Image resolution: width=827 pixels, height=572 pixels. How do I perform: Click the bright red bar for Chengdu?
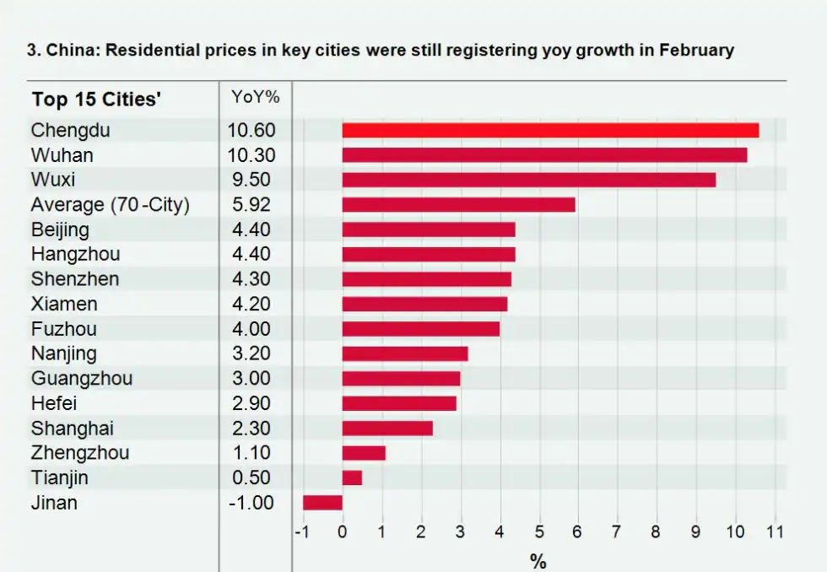point(550,130)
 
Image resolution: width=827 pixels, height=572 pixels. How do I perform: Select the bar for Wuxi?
point(529,180)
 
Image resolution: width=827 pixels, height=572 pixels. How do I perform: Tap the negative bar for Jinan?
point(322,503)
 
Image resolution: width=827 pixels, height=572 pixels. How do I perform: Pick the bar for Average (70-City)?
point(458,204)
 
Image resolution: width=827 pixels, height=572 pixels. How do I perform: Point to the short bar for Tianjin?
point(352,478)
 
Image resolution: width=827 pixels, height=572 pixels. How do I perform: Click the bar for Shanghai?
point(387,428)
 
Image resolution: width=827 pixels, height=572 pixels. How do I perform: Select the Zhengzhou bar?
point(364,453)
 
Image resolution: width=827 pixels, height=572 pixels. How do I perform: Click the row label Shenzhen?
point(75,279)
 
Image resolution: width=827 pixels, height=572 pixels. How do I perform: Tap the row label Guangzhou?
point(82,378)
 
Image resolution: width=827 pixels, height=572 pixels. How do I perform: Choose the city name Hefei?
point(53,403)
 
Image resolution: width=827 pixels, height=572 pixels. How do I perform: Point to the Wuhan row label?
point(62,155)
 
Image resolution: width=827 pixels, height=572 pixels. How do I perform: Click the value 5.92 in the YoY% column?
point(251,204)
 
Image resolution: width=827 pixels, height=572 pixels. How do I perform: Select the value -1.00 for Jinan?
point(251,503)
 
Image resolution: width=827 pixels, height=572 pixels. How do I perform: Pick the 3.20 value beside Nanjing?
point(251,353)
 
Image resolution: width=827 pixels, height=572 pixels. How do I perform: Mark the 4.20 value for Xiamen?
point(251,304)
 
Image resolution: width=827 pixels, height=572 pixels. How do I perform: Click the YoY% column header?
point(255,97)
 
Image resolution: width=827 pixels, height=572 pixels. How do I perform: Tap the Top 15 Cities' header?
point(96,100)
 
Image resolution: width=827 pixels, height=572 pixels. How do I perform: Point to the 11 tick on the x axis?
point(775,532)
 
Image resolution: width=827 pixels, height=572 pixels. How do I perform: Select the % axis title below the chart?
point(538,561)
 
